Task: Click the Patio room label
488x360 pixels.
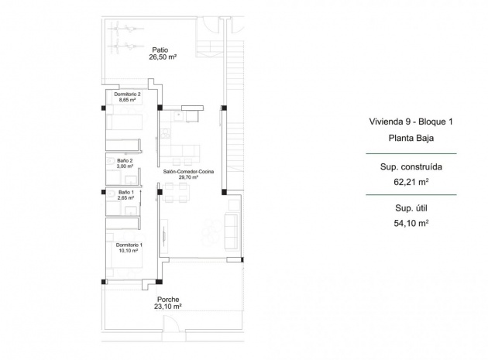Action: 160,48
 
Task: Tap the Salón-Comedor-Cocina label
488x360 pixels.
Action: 188,170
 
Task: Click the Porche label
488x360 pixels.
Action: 168,299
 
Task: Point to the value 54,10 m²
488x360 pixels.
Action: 411,224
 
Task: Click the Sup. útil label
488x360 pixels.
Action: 411,207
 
